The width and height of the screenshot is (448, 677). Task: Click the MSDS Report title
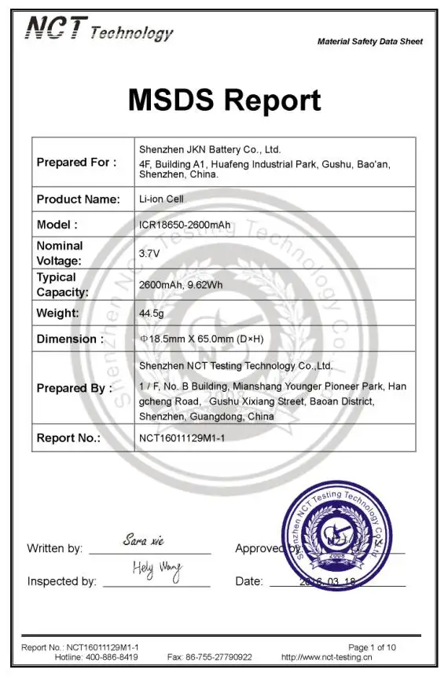click(224, 101)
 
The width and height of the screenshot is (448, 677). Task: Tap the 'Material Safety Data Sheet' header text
click(369, 42)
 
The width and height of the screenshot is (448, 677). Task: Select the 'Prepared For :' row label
click(76, 163)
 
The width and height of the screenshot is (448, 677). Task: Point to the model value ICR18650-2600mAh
click(185, 225)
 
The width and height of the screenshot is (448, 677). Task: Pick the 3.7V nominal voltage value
click(149, 254)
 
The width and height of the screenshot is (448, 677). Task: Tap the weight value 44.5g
click(151, 313)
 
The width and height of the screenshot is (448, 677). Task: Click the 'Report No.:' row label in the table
click(68, 438)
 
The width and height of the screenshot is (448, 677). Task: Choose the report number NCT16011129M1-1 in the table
click(182, 438)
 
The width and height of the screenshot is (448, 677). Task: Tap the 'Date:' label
click(249, 582)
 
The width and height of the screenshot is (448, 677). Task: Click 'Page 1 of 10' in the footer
click(372, 647)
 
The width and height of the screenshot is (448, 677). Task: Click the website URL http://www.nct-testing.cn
click(326, 657)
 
